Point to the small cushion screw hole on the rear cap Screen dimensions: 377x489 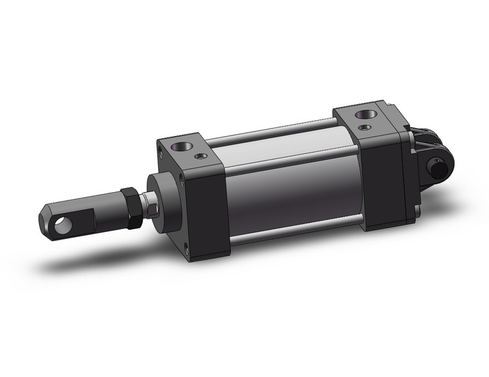[367, 128]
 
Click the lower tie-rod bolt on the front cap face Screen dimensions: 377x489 [187, 251]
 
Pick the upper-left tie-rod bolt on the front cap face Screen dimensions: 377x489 [160, 152]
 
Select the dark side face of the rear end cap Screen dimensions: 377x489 [383, 180]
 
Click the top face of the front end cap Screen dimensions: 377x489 [187, 143]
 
